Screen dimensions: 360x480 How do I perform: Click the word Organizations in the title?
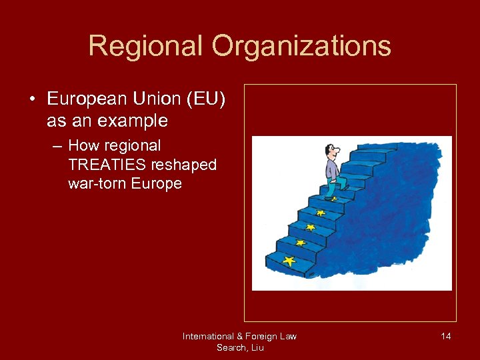[301, 46]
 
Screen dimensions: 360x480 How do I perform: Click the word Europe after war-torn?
[158, 183]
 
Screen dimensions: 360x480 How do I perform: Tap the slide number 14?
[445, 336]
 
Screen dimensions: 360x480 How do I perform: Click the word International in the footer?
[208, 336]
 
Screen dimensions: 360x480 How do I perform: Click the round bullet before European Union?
[32, 100]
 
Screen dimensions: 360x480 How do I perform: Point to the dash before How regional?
[58, 146]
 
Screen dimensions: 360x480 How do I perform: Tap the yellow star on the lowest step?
[288, 261]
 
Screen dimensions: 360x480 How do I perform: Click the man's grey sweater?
[332, 170]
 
